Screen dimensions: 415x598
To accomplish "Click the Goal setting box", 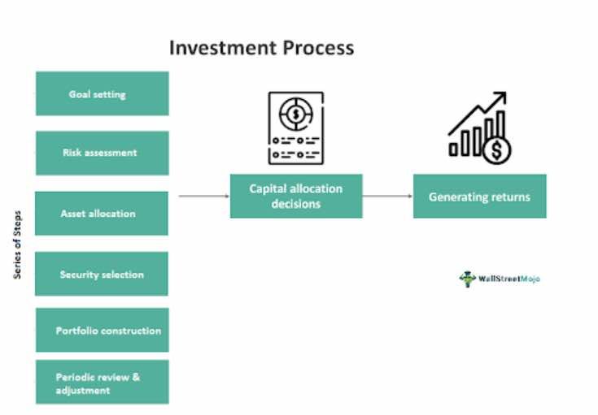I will coord(102,93).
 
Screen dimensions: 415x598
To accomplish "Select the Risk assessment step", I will coord(102,153).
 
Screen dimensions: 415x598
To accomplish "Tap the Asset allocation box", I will coord(102,214).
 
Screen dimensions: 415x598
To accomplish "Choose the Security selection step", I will coord(102,275).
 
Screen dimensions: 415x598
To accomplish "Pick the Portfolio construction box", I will coord(102,330).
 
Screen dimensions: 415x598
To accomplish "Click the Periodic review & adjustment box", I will coord(102,383).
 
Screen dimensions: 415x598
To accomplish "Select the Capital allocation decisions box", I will coord(295,196).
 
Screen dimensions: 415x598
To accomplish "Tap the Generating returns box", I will coord(479,197).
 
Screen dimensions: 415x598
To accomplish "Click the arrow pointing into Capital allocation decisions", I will coord(203,196).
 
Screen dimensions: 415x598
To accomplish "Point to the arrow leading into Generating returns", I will coord(387,196).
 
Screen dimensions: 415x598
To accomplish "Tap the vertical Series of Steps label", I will coord(18,245).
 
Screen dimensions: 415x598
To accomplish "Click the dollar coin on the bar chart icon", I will coord(495,150).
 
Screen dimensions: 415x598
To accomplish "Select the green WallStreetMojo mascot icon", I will coord(467,279).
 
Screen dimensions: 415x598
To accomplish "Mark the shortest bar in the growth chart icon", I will coord(454,148).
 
